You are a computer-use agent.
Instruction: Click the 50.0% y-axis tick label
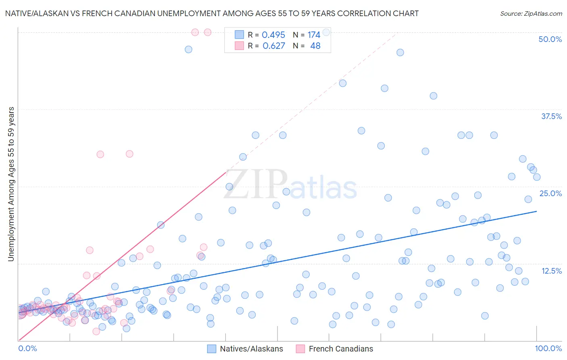pyautogui.click(x=550, y=39)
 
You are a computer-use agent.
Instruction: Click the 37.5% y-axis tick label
pyautogui.click(x=551, y=116)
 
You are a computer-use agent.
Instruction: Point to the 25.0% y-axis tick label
pyautogui.click(x=550, y=193)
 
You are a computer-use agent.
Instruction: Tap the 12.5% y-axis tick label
pyautogui.click(x=551, y=271)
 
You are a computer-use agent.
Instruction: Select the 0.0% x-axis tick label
pyautogui.click(x=27, y=348)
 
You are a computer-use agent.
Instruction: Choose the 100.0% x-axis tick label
pyautogui.click(x=548, y=348)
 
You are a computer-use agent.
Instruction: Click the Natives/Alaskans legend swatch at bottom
pyautogui.click(x=212, y=349)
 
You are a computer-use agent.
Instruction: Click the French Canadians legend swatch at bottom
pyautogui.click(x=300, y=349)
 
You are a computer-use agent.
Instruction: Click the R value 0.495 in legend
pyautogui.click(x=273, y=35)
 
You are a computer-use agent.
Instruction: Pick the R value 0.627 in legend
pyautogui.click(x=273, y=46)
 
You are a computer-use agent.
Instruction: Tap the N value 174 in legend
pyautogui.click(x=314, y=35)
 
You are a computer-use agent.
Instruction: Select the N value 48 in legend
pyautogui.click(x=315, y=46)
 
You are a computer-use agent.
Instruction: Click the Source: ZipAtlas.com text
pyautogui.click(x=531, y=13)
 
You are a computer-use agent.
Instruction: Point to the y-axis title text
pyautogui.click(x=11, y=184)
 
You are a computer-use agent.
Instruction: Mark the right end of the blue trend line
pyautogui.click(x=536, y=211)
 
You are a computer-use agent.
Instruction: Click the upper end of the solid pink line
pyautogui.click(x=226, y=172)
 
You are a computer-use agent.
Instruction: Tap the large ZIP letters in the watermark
pyautogui.click(x=256, y=185)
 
